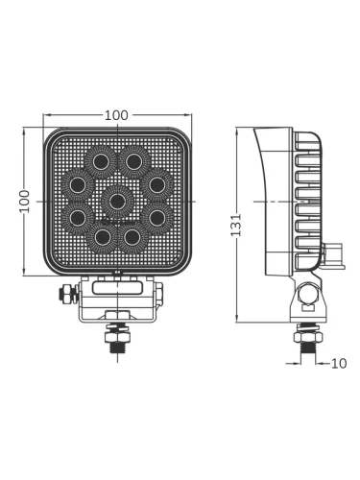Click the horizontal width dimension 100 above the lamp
[x=116, y=115]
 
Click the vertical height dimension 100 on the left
[x=24, y=202]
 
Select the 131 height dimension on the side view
[x=236, y=225]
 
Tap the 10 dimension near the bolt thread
[x=339, y=364]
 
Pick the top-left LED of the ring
[x=101, y=161]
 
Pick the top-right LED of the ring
[x=133, y=161]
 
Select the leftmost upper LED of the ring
[x=78, y=184]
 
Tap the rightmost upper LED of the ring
[x=156, y=184]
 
